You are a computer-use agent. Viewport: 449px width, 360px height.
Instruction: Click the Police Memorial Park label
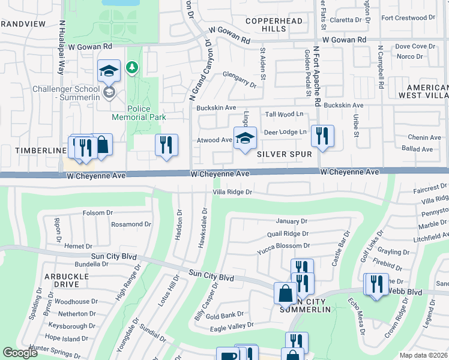(138, 113)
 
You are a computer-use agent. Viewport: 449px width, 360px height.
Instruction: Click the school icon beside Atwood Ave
(244, 139)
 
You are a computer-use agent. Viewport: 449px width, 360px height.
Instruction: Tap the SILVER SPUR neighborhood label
(284, 154)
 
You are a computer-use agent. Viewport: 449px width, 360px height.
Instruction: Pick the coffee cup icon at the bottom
(229, 355)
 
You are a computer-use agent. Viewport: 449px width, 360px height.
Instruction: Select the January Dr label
(291, 221)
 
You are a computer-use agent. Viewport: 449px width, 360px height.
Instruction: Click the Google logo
(20, 353)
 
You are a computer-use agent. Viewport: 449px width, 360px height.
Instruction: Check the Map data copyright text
(423, 355)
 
